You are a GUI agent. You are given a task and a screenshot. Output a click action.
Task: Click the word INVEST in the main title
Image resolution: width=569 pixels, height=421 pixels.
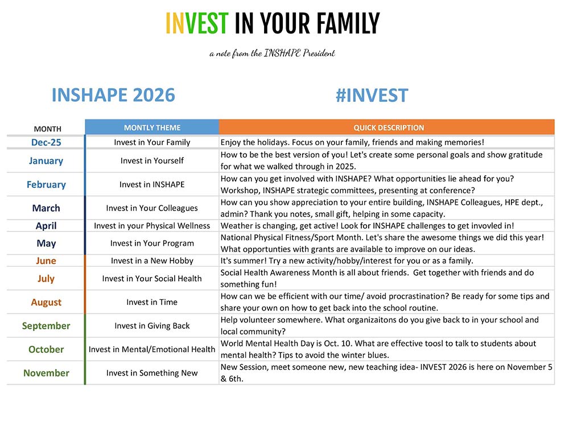pos(197,23)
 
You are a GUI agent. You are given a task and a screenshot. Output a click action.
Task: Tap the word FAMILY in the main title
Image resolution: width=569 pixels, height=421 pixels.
pos(348,23)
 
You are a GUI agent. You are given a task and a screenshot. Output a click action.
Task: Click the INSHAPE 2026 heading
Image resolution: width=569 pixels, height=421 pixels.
pos(113,95)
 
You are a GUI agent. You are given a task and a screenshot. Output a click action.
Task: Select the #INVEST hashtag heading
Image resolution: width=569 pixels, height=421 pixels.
pos(372,96)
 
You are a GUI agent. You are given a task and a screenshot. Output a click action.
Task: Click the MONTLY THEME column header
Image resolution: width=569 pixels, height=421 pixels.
pos(152,128)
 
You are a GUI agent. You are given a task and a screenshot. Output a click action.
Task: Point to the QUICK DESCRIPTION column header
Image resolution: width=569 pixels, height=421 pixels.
pos(389,128)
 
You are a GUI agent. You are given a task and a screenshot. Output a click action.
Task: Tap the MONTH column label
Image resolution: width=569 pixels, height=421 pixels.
pos(48,129)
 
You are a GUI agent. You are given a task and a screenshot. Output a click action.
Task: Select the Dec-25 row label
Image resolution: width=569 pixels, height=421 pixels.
pos(46,142)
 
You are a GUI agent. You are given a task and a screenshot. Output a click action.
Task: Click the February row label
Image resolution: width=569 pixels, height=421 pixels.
pos(46,185)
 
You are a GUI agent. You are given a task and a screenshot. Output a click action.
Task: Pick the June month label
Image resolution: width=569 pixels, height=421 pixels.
pos(46,261)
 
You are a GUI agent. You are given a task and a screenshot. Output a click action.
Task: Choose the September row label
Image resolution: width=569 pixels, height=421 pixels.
pos(46,326)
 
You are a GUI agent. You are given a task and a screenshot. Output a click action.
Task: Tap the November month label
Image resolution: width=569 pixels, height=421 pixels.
pos(46,373)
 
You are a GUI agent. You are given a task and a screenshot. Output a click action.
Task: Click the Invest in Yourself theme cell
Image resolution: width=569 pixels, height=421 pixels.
pos(152,160)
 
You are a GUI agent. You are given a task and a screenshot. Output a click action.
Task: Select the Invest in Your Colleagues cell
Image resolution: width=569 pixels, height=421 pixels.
pos(152,208)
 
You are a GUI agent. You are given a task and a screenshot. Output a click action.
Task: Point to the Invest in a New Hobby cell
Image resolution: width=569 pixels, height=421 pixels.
pos(152,261)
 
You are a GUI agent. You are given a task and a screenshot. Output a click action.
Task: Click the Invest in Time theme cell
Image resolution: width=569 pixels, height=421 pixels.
pos(152,302)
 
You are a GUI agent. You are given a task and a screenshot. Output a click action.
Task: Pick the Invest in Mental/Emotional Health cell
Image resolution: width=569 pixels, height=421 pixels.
pos(152,349)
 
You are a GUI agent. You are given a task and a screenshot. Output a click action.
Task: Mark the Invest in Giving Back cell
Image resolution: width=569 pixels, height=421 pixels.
pos(152,326)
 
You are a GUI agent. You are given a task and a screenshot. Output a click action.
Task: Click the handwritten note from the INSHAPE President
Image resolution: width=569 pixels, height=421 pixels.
pos(272,53)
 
